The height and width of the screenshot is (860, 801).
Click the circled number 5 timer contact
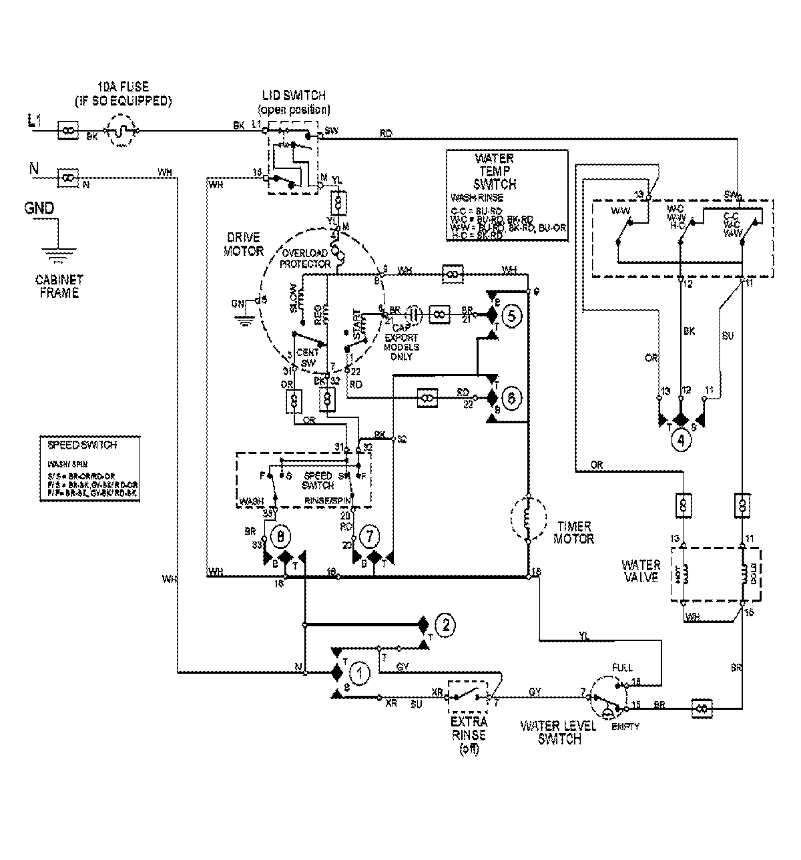(511, 316)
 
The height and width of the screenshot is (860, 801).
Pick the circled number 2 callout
(445, 625)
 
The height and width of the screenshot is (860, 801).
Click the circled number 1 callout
(358, 674)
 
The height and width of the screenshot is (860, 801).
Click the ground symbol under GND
(59, 254)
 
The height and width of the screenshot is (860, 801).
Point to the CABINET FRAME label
(59, 286)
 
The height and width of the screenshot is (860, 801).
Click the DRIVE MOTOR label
(244, 244)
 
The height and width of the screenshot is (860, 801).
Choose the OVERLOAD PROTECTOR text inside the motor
(306, 258)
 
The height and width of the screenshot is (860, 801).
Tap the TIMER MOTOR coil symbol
(527, 519)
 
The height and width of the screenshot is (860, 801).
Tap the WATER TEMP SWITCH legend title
(494, 172)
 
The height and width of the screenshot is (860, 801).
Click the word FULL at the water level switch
(621, 667)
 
